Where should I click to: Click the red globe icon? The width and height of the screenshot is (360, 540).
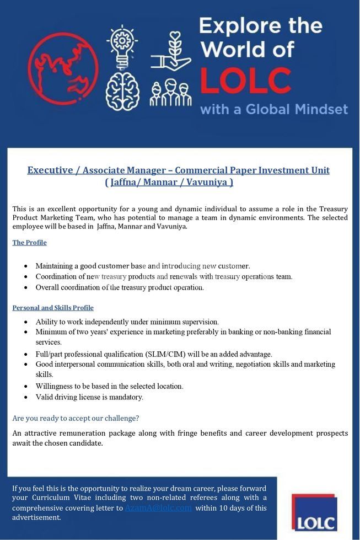click(x=62, y=69)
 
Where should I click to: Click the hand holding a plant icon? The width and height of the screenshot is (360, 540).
click(x=171, y=53)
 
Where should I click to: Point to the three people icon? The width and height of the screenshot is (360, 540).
click(x=170, y=93)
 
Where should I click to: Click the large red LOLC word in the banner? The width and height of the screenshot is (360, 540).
click(x=245, y=81)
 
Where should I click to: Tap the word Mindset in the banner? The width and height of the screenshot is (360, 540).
click(x=320, y=109)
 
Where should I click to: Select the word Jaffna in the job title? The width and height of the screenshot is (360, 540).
click(x=124, y=182)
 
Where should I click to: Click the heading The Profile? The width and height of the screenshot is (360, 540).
click(x=29, y=243)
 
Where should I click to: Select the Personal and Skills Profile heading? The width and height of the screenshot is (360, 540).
click(x=53, y=308)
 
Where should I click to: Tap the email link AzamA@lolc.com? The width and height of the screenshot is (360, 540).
click(x=158, y=508)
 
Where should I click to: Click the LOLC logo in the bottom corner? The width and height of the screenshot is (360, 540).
click(x=314, y=512)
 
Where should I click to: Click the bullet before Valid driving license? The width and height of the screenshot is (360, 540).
click(x=26, y=397)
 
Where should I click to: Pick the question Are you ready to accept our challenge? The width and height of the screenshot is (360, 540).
click(x=76, y=418)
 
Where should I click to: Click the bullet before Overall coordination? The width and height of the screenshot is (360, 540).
click(x=26, y=287)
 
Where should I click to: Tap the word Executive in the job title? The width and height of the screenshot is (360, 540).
click(x=50, y=170)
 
